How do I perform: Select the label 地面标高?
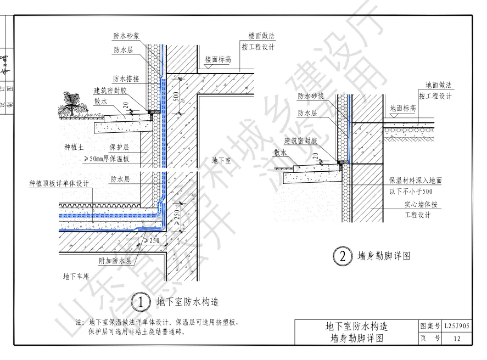pos(402,109)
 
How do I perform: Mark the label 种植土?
pos(73,147)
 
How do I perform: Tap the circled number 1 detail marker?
pos(141,301)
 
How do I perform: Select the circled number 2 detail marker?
pos(341,256)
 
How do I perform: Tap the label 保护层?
pos(118,148)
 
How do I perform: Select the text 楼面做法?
pos(261,36)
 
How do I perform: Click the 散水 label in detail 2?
pos(281,153)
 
